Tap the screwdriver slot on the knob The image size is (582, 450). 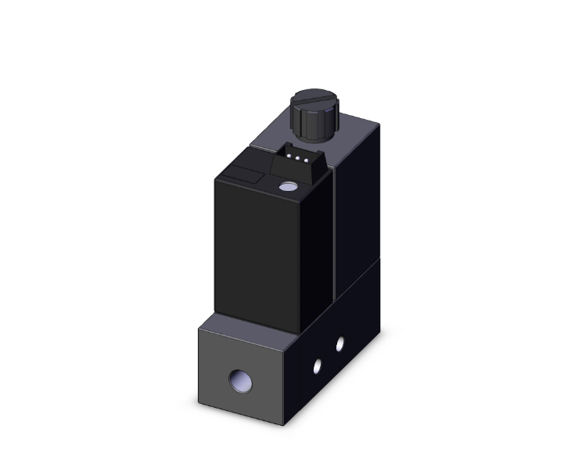click(x=313, y=101)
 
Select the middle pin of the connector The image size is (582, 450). click(x=295, y=157)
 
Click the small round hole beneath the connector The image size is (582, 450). click(x=288, y=188)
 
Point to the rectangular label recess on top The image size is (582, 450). click(x=245, y=174)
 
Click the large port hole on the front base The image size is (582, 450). click(x=239, y=381)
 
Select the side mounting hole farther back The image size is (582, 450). click(x=339, y=343)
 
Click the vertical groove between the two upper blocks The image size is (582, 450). click(x=333, y=235)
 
